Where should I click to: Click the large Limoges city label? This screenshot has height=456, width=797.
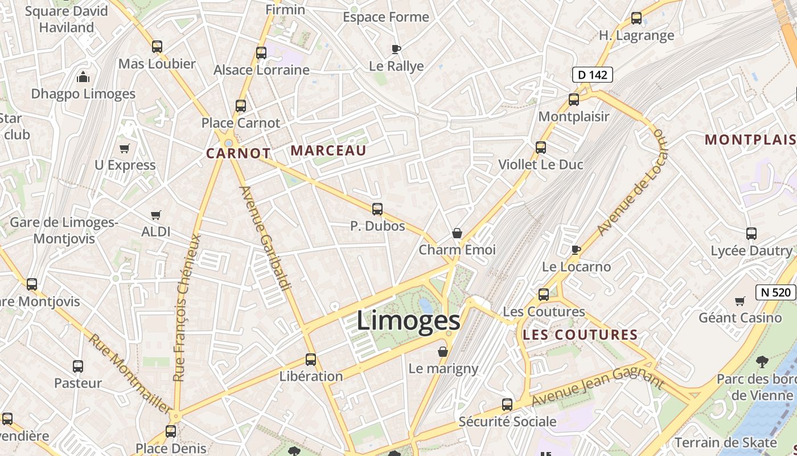click(x=408, y=320)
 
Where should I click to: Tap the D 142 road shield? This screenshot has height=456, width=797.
click(x=592, y=75)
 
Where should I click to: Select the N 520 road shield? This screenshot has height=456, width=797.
click(x=775, y=292)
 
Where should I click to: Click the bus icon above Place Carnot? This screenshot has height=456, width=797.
click(x=241, y=106)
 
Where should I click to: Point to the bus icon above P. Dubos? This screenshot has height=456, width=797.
click(x=377, y=209)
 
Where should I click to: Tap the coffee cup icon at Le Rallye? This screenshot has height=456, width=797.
click(x=396, y=50)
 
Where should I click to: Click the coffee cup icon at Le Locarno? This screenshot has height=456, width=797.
click(x=576, y=250)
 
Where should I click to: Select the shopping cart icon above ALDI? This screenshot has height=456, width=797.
click(x=155, y=215)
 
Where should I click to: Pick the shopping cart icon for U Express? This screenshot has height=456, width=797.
click(x=124, y=148)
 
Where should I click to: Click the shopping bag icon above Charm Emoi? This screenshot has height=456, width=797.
click(x=457, y=233)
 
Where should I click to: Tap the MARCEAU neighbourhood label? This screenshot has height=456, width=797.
click(x=328, y=150)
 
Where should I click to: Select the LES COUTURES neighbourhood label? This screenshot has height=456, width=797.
click(x=580, y=335)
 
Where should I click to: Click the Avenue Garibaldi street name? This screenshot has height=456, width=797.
click(x=265, y=237)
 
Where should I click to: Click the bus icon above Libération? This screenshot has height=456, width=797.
click(x=311, y=360)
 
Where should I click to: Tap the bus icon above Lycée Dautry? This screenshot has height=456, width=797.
click(x=751, y=234)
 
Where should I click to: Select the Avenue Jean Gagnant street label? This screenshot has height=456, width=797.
click(x=598, y=387)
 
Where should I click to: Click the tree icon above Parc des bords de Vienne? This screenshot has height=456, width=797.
click(x=762, y=361)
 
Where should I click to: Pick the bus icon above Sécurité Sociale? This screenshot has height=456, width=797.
click(x=507, y=405)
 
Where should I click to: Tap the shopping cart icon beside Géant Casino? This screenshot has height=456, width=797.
click(x=740, y=301)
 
